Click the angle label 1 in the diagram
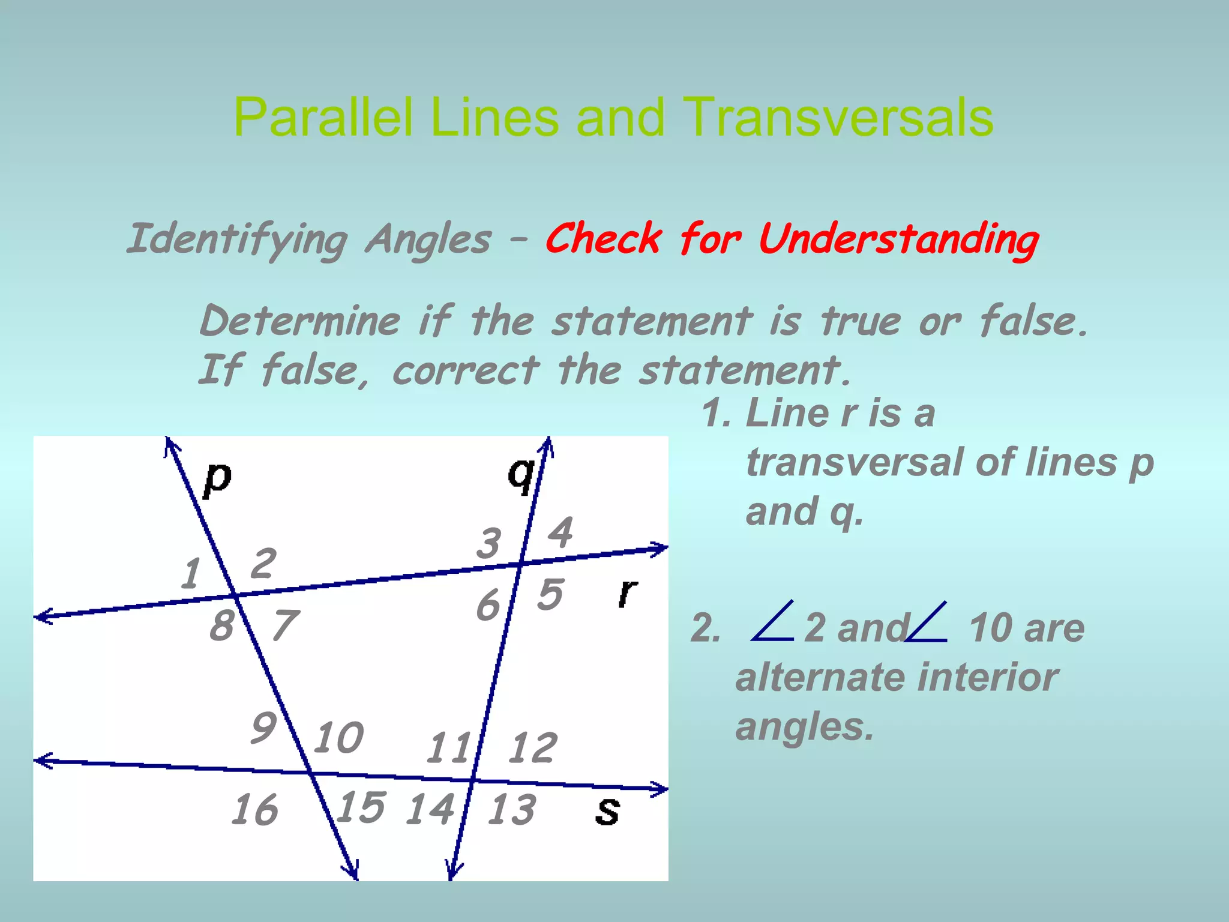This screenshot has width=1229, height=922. point(191,573)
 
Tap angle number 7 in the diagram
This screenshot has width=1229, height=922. point(285,625)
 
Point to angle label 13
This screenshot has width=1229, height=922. point(511,809)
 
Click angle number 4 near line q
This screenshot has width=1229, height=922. point(560,532)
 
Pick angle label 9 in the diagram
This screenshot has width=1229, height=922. point(263,728)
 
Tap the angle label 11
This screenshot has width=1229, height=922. point(448,748)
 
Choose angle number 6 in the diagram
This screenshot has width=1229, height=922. point(488,604)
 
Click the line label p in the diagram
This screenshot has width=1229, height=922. point(217,480)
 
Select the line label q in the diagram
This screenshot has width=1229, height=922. point(520,474)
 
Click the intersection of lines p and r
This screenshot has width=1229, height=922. point(235,595)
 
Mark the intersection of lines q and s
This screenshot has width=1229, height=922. point(472,780)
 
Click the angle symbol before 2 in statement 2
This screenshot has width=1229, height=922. point(773,622)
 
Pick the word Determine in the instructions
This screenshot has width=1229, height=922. point(300,321)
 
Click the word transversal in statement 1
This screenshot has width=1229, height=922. point(855,463)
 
